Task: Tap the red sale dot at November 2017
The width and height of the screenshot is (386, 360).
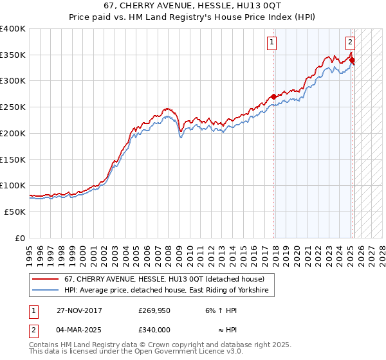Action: coord(274,96)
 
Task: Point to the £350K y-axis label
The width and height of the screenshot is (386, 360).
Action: coord(13,55)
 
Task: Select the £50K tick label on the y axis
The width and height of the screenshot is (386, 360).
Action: coord(15,212)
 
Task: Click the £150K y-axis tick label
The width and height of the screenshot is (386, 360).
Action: coord(13,159)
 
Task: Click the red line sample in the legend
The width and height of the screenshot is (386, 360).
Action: coord(46,279)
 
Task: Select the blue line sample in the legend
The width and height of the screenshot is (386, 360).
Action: coord(46,291)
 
